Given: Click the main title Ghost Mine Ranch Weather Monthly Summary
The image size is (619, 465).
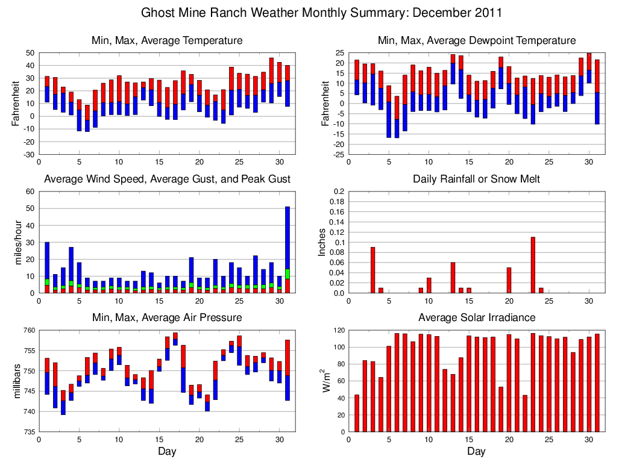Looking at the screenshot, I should pos(321,13).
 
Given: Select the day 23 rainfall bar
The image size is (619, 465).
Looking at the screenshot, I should pos(533,265).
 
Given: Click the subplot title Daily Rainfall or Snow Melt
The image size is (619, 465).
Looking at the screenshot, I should pos(476,179).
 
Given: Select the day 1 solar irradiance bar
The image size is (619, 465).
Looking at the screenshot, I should pos(357,413).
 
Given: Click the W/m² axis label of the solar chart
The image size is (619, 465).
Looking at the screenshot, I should pos(326,381).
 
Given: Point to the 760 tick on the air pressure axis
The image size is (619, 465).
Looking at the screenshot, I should pos(28,330).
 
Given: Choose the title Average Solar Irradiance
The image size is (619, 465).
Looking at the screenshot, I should pos(476,317).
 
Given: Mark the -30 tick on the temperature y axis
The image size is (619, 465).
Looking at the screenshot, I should pos(28,154).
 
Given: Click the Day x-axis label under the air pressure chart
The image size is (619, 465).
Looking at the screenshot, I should pos(167,451).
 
